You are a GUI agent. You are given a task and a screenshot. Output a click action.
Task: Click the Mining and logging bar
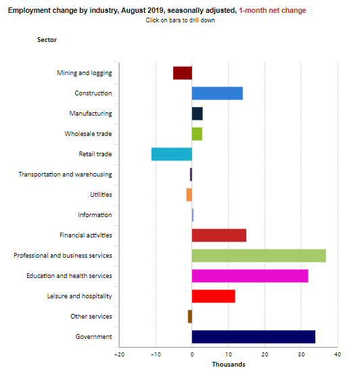click(x=183, y=73)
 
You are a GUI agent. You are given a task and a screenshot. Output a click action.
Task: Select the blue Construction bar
click(x=217, y=93)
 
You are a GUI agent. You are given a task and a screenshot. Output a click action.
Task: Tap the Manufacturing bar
click(x=197, y=114)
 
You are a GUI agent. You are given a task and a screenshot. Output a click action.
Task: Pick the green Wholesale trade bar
click(x=197, y=134)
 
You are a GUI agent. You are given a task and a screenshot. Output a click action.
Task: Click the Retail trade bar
click(x=172, y=154)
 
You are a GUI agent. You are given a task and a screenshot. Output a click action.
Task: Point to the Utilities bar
click(x=189, y=195)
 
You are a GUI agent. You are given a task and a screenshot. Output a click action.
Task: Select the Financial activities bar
click(x=219, y=235)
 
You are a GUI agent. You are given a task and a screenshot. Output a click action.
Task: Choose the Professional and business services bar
click(x=259, y=256)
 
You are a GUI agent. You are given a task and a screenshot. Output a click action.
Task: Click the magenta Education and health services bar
click(x=250, y=276)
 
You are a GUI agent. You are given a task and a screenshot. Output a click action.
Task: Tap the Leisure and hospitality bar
click(x=214, y=296)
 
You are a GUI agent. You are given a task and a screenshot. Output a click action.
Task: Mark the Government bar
click(x=254, y=337)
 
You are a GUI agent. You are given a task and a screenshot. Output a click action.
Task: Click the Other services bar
click(x=190, y=317)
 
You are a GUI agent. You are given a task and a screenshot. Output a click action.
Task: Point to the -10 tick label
click(x=156, y=354)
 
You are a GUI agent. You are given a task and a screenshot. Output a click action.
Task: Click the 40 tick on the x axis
click(x=338, y=354)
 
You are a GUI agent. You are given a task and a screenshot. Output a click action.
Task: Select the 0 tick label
click(x=192, y=354)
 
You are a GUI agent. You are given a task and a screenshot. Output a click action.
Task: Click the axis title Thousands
click(x=229, y=365)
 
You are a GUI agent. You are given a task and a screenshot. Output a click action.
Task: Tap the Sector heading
click(x=47, y=40)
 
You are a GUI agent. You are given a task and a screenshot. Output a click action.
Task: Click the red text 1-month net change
click(x=273, y=10)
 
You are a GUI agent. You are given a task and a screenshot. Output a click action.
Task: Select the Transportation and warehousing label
click(x=65, y=175)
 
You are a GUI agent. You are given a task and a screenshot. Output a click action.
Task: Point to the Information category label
click(x=95, y=215)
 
